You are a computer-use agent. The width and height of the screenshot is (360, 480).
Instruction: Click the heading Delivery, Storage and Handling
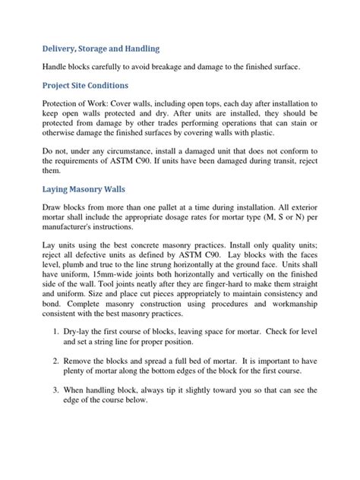coord(101,49)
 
